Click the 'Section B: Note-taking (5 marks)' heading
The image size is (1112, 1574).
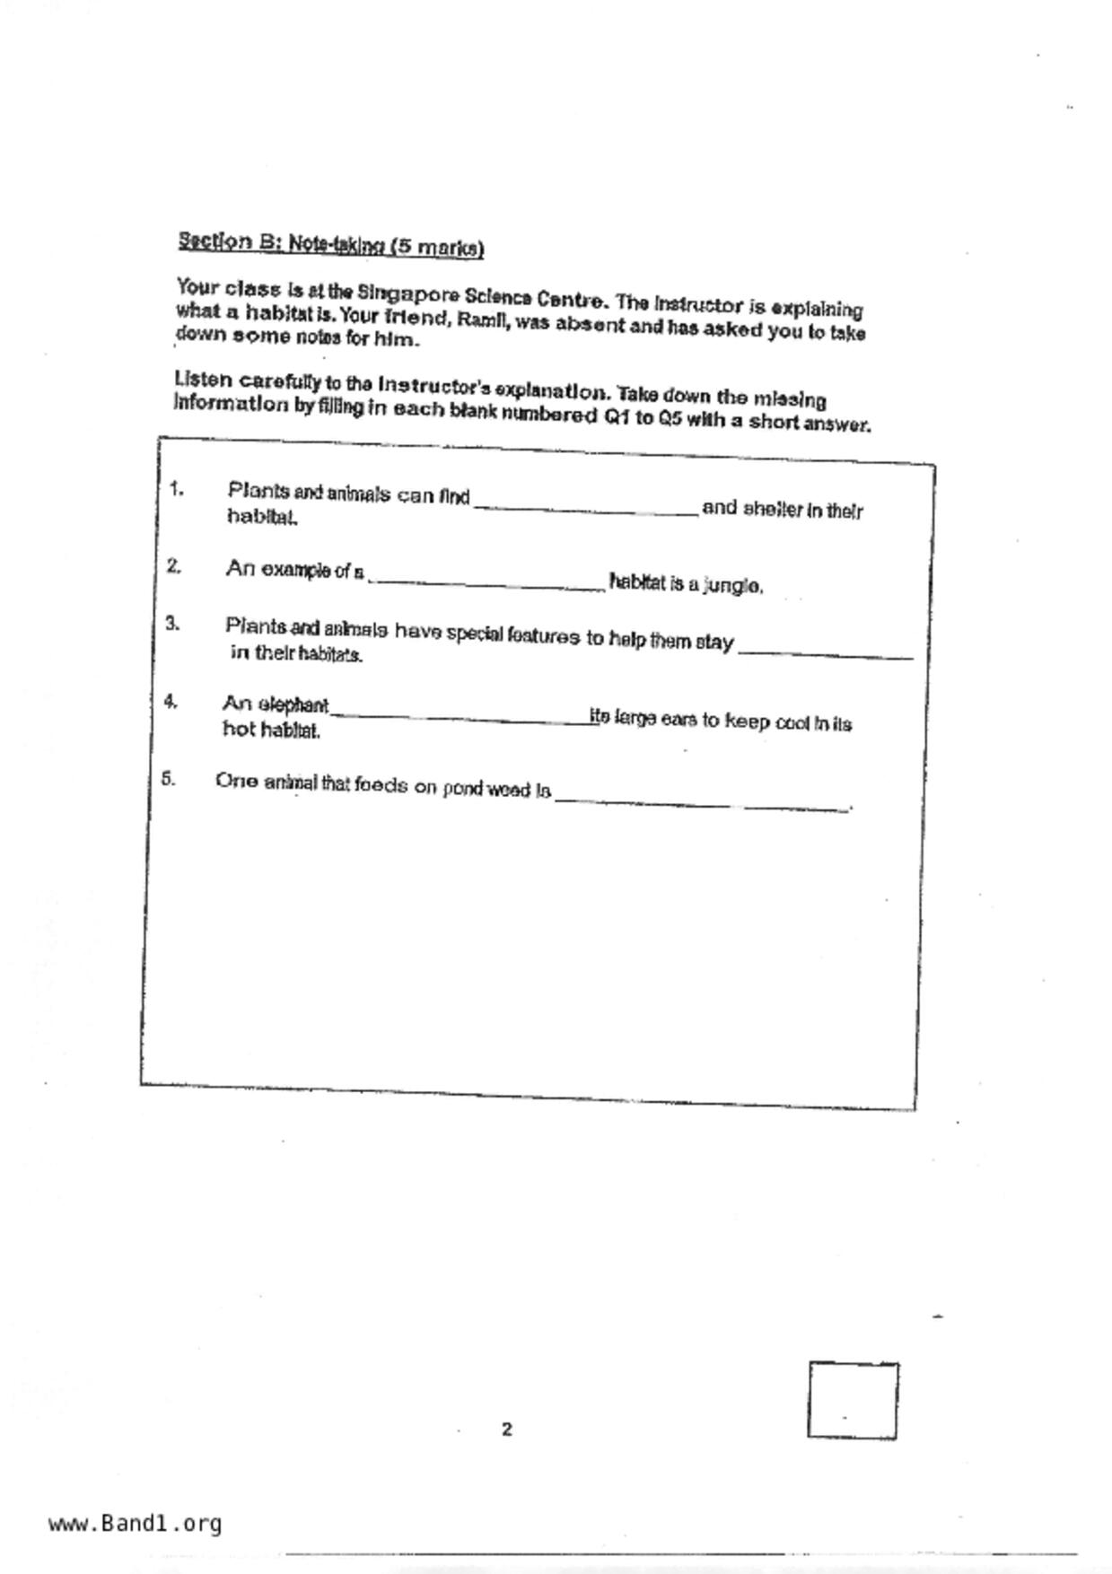[x=330, y=244]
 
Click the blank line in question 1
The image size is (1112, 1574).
[x=585, y=510]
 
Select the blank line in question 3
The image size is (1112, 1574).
[x=825, y=654]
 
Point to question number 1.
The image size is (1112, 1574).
[x=176, y=490]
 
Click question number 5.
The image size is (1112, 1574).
[x=169, y=779]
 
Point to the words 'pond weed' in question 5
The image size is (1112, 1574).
[x=486, y=790]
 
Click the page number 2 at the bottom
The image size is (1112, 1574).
[x=507, y=1430]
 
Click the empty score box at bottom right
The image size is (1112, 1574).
[x=852, y=1400]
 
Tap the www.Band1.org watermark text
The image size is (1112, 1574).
[x=136, y=1524]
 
